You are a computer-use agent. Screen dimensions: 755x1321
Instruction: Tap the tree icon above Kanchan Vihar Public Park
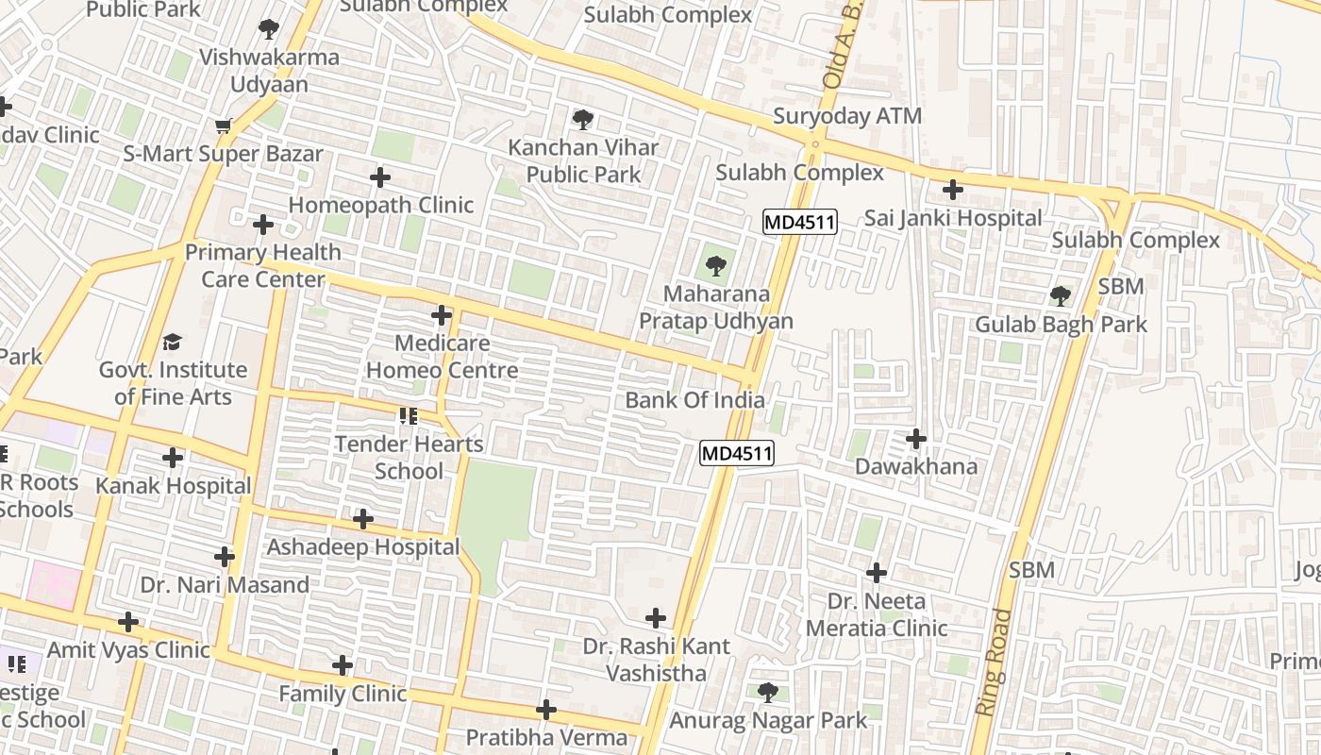(583, 120)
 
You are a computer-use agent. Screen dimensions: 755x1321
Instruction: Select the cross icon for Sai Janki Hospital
(953, 190)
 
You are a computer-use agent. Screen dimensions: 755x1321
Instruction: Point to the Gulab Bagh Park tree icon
(1061, 296)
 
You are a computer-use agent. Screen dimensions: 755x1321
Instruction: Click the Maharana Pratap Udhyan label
(715, 308)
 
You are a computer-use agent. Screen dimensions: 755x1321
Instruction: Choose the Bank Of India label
(694, 400)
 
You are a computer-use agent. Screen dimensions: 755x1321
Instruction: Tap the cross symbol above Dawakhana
(915, 439)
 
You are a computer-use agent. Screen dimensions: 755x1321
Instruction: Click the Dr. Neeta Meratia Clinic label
(876, 614)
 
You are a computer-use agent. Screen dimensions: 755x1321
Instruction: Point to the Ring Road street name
(994, 662)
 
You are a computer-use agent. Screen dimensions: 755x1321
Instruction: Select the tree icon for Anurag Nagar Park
(768, 693)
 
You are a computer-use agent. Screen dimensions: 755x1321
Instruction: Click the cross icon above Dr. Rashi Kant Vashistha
(656, 618)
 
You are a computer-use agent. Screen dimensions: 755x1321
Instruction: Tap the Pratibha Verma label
(546, 737)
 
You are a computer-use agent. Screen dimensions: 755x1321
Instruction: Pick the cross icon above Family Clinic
(343, 666)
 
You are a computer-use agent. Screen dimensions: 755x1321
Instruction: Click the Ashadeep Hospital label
(362, 547)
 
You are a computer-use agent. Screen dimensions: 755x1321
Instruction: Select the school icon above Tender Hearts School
(409, 416)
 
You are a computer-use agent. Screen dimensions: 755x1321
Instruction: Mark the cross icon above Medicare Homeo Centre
(441, 315)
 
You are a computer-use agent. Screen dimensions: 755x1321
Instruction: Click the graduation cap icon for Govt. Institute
(172, 342)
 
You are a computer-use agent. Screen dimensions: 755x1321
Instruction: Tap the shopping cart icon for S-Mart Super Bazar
(224, 126)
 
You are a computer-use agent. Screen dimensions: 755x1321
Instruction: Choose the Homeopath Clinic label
(380, 205)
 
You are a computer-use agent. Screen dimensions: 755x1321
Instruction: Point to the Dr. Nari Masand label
(225, 585)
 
